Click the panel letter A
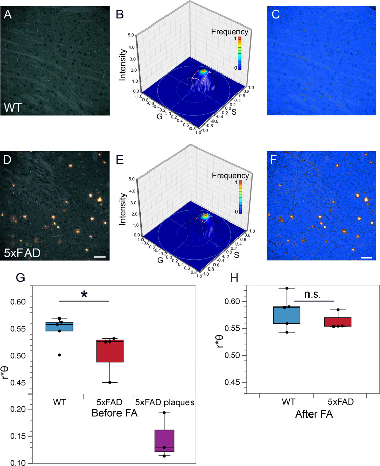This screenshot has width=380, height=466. pos(9,15)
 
